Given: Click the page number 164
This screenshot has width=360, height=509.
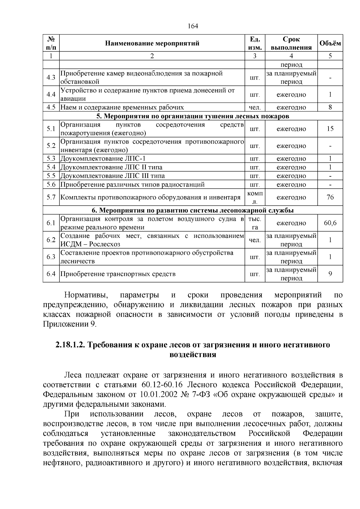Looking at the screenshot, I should (x=193, y=26).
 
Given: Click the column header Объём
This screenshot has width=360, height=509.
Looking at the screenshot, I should (x=330, y=43).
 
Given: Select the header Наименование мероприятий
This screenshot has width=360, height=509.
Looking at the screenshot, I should (x=152, y=43).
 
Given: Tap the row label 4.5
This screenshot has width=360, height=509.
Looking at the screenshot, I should (x=51, y=107).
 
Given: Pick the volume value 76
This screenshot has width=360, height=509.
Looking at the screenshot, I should (x=330, y=197).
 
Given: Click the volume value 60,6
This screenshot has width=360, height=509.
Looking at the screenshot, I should (x=330, y=223).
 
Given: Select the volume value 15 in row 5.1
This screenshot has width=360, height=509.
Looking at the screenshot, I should (x=330, y=129).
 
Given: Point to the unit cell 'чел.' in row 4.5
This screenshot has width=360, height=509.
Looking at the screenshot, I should (x=255, y=107).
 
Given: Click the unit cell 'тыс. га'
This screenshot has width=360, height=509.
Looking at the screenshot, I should (x=255, y=223).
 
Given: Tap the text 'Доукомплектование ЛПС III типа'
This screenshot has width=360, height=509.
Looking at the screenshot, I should (x=112, y=176).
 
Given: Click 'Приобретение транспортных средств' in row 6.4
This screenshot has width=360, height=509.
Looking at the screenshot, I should (x=118, y=274).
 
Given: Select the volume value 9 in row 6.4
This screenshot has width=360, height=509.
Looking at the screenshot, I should (x=330, y=274).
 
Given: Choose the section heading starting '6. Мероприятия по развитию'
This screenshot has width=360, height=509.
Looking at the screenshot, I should (x=193, y=210).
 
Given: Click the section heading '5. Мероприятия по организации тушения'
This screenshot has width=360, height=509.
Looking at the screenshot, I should (x=193, y=116).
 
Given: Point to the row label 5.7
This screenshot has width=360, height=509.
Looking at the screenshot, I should (x=51, y=197).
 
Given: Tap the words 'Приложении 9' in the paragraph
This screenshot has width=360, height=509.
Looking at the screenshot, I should (x=69, y=324).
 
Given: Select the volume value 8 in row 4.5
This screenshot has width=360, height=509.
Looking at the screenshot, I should (x=330, y=107).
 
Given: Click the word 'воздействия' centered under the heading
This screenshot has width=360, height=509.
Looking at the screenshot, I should (x=193, y=355).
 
